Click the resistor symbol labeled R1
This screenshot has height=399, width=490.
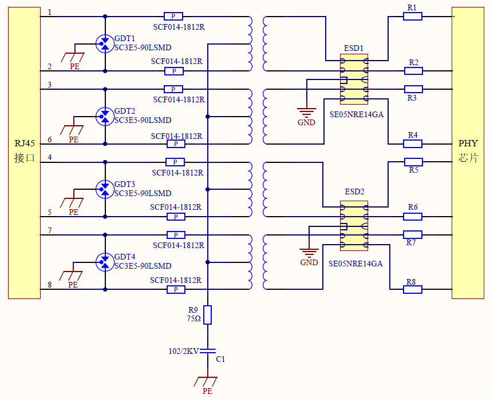coord(413,17)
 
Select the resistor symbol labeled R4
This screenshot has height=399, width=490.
coord(413,143)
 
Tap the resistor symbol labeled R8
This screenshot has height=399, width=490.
coord(413,290)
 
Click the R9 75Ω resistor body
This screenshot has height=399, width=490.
coord(208,315)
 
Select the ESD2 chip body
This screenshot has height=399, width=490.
coord(354,226)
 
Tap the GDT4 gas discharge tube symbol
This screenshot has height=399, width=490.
coord(105,262)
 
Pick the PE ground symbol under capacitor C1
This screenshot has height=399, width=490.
coord(207,382)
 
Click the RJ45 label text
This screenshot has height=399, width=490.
coord(25,143)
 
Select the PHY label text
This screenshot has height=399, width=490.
coord(468,143)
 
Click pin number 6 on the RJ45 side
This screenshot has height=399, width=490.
coord(49,139)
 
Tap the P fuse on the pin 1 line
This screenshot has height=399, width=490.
coord(173,17)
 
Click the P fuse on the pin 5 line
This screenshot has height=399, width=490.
coord(176,217)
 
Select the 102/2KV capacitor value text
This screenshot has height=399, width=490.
coord(183,352)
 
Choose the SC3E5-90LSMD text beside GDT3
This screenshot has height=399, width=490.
coord(143,193)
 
